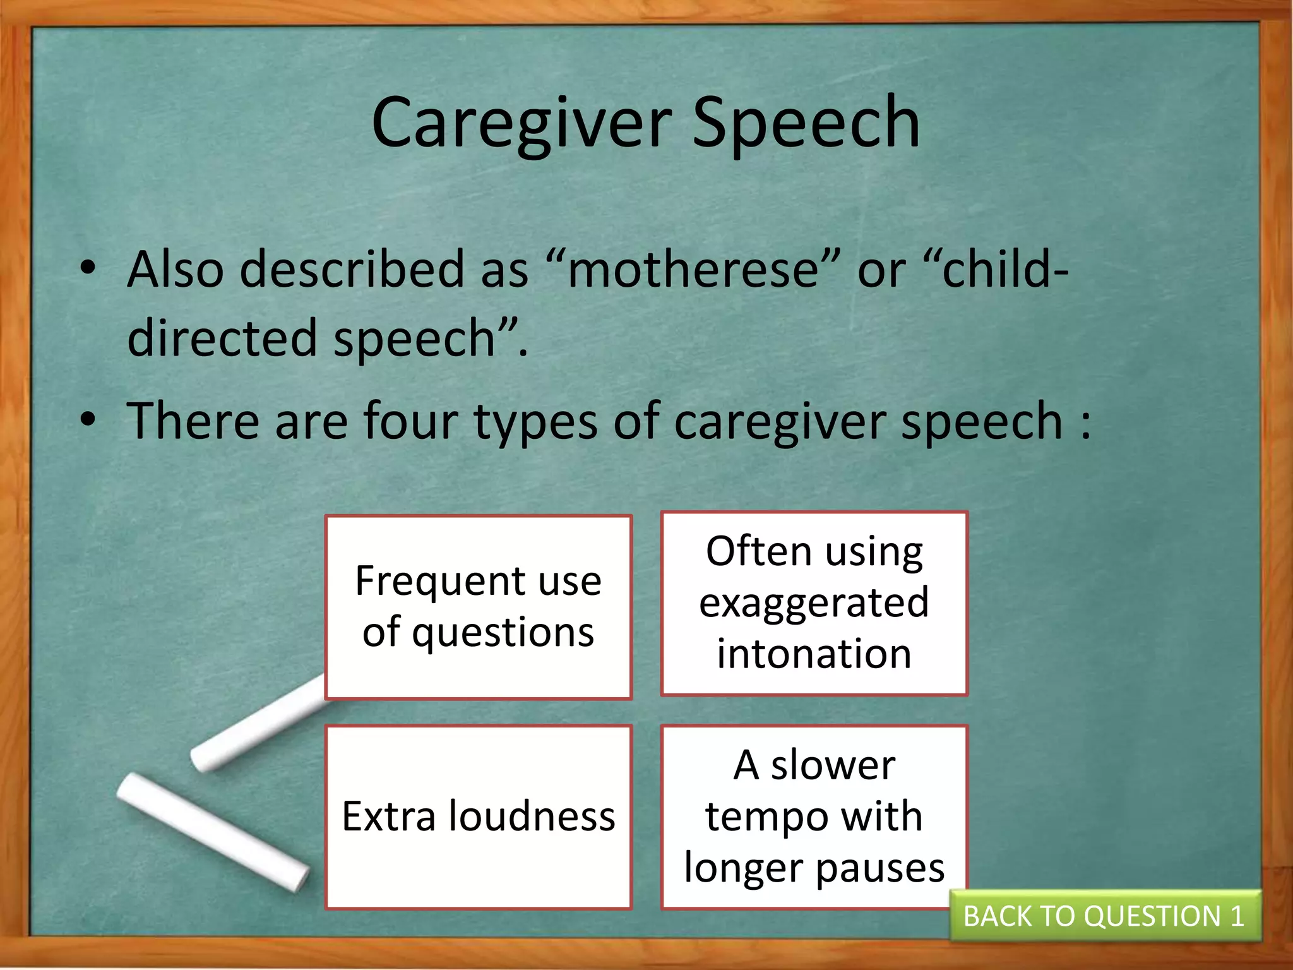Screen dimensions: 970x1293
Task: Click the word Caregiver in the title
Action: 521,124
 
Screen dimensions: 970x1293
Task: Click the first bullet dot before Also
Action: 88,268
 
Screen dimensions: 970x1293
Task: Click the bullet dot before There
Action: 88,419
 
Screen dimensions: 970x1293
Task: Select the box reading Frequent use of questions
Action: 478,607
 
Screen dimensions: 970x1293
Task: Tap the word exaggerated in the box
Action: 814,602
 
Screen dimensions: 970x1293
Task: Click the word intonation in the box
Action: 814,654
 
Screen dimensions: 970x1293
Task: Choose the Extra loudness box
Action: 478,817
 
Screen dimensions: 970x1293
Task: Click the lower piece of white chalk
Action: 212,830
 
